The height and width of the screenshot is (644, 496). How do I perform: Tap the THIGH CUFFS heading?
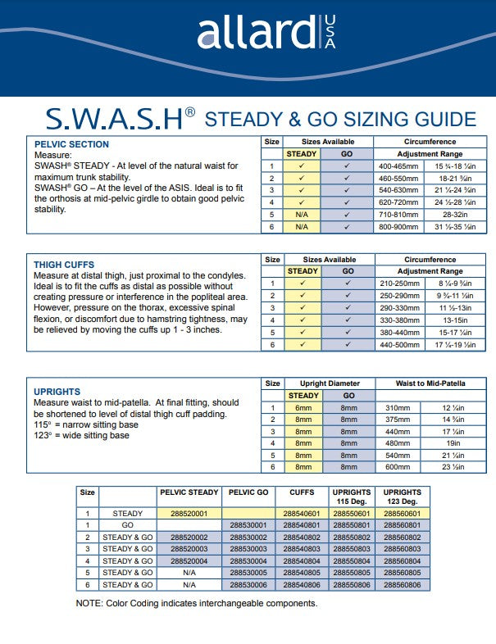[x=64, y=265]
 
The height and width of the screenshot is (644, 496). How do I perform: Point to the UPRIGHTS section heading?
[x=57, y=392]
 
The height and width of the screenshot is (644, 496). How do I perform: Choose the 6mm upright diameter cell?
[x=303, y=407]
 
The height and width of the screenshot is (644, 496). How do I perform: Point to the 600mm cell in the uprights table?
[x=398, y=467]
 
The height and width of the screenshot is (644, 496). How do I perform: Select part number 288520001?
[x=189, y=513]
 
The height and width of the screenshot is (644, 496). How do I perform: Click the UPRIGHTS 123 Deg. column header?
[x=402, y=496]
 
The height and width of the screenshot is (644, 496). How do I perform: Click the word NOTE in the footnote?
[x=90, y=604]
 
